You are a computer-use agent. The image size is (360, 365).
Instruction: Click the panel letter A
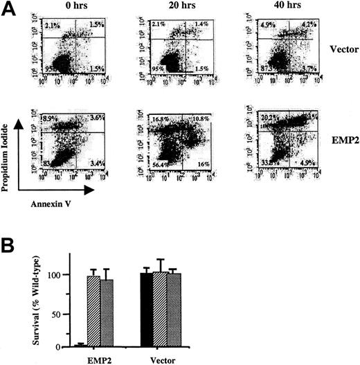9,9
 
